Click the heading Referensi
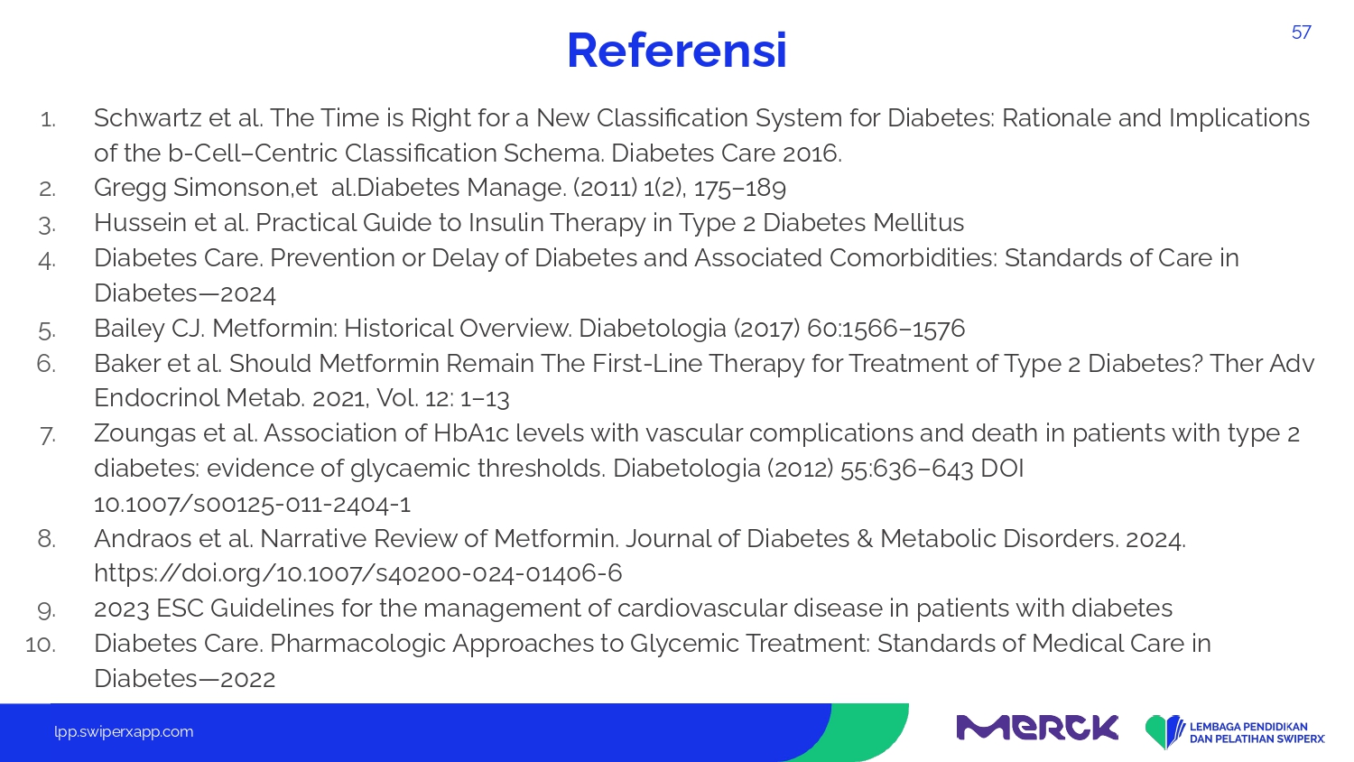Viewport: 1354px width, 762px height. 677,51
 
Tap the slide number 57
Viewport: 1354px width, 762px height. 1302,33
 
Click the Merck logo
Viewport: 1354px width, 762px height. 1037,728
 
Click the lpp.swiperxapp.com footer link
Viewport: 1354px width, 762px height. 124,732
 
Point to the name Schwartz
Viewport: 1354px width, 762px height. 147,118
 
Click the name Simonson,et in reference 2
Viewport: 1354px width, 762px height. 246,188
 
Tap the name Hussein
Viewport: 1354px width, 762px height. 140,223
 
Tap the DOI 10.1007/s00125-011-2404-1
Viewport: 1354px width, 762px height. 253,504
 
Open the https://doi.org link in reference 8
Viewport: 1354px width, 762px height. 357,573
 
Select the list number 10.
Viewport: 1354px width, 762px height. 41,644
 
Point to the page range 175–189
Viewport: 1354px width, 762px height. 740,188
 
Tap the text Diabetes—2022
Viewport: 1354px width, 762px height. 185,679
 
